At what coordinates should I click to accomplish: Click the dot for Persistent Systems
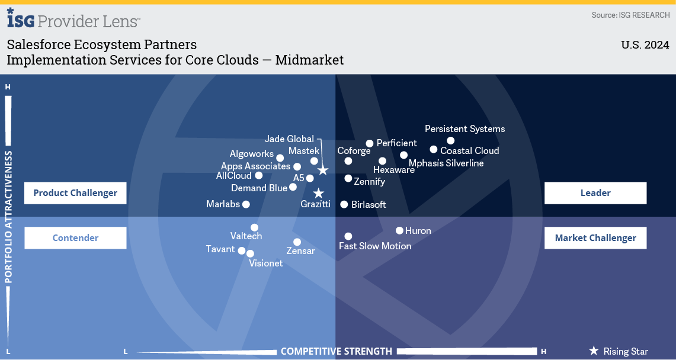450,140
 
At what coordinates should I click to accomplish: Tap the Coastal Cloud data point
433,149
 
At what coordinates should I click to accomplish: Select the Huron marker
399,230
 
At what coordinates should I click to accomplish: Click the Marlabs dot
246,204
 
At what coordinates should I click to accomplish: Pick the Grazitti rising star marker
318,193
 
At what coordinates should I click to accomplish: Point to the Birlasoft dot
344,204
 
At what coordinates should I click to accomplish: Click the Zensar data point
297,242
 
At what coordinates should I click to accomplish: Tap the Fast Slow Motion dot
348,236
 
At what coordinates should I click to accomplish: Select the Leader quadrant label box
595,193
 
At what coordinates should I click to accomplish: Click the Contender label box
75,237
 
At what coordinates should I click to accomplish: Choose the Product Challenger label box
75,193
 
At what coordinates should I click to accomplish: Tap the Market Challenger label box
595,237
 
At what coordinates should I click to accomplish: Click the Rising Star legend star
594,351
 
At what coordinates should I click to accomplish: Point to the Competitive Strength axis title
337,351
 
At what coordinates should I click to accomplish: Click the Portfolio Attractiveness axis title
9,217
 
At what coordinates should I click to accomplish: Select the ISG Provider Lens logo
73,19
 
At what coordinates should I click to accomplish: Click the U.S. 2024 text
645,45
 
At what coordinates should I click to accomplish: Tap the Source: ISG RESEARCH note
631,15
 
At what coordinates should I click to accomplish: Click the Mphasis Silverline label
446,163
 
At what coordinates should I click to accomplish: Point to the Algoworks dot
280,158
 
